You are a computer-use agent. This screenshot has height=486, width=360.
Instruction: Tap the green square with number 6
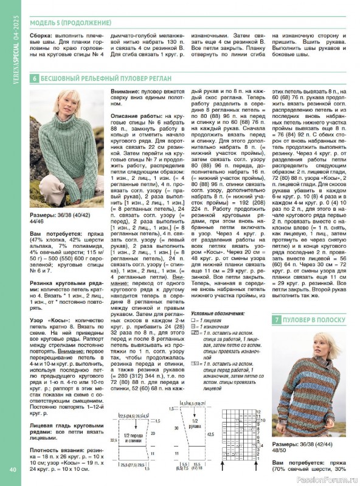35,78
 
